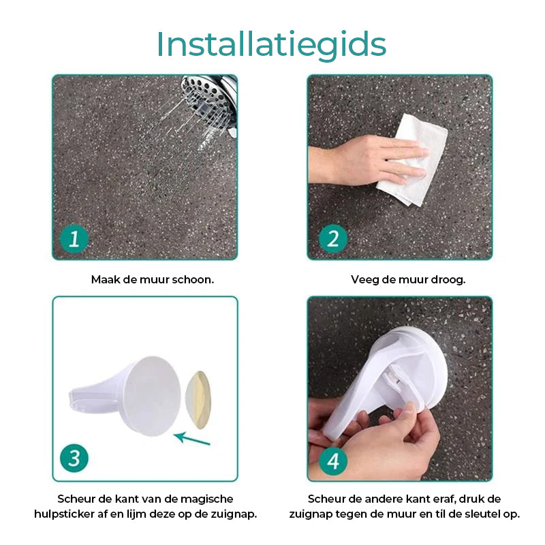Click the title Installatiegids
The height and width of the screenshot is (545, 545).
271,44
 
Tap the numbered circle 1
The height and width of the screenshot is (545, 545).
74,238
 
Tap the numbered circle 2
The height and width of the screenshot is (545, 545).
333,238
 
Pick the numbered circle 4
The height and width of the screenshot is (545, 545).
333,461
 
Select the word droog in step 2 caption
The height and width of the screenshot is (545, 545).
450,279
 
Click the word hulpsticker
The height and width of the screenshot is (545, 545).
65,514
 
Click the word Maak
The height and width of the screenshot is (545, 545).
103,279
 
